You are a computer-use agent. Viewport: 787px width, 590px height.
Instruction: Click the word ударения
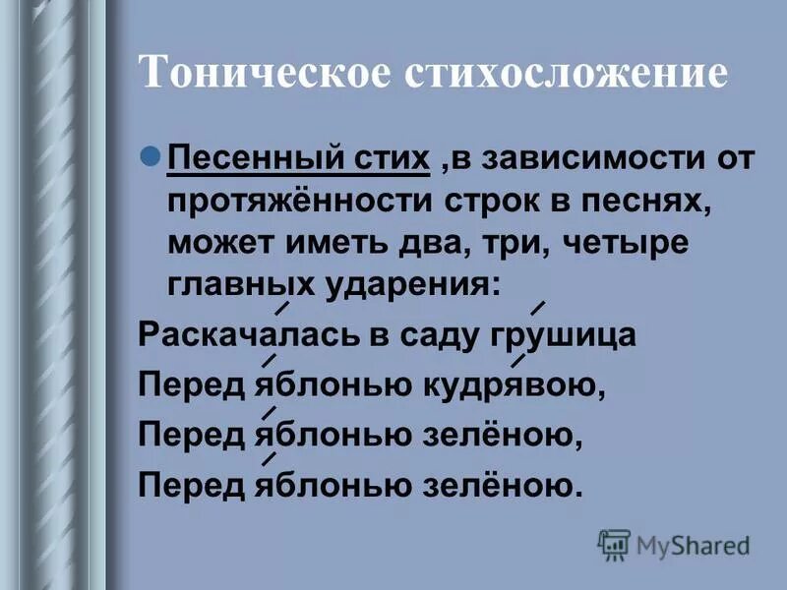click(413, 285)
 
